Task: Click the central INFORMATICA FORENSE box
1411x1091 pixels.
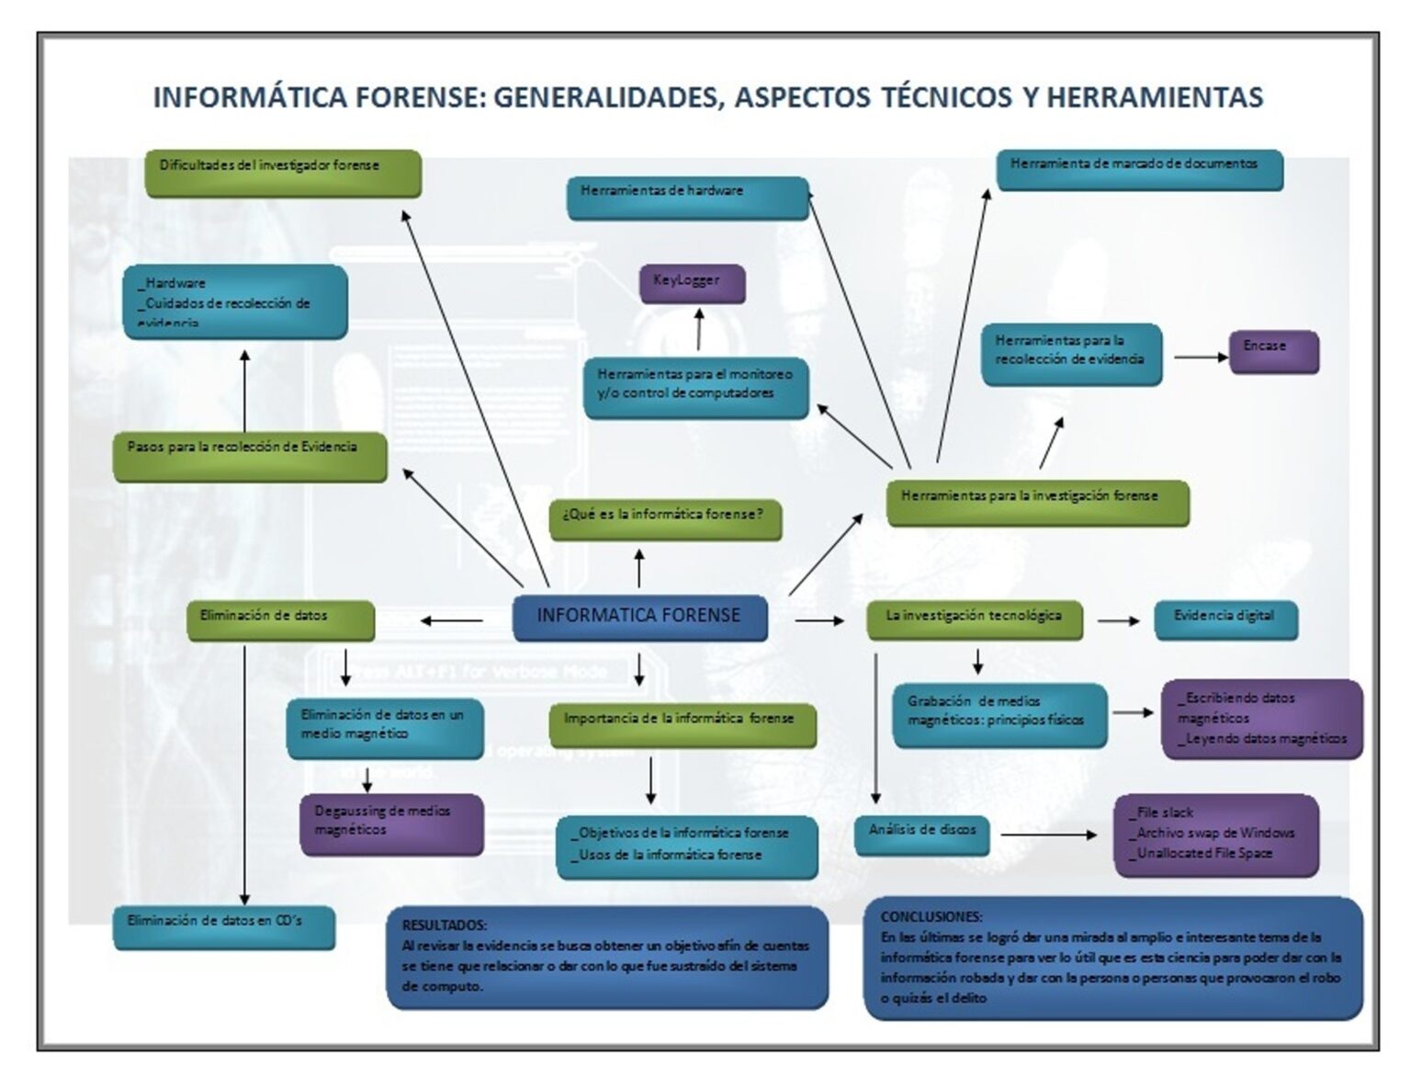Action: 639,617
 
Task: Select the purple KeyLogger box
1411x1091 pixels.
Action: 692,283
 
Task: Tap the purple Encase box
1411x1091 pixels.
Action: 1273,351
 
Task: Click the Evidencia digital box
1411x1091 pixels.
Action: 1225,619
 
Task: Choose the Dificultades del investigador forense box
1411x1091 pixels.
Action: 283,173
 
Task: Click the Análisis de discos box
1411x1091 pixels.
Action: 922,834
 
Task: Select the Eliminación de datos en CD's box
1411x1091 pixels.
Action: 224,926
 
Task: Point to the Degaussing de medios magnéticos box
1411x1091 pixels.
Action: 391,824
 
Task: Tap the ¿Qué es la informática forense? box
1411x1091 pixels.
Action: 665,519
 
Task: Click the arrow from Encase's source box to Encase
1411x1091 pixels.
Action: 1201,357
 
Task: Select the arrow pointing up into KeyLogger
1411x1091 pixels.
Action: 699,329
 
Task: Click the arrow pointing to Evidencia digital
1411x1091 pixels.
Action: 1118,621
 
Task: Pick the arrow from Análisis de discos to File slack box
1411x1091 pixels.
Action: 1048,835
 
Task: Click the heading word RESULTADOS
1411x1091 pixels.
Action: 444,925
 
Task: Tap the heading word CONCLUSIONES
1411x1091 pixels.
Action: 931,916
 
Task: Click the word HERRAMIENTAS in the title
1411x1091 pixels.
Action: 1155,97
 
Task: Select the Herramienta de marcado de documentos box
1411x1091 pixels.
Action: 1139,170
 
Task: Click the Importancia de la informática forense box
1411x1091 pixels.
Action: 682,724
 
